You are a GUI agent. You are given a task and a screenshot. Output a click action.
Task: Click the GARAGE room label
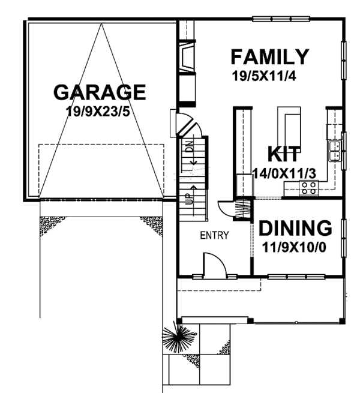click(x=100, y=92)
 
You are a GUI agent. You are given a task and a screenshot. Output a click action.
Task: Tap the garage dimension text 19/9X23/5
click(x=98, y=112)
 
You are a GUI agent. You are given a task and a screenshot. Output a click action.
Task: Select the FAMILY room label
click(x=270, y=57)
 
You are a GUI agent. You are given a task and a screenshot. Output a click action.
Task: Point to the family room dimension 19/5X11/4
click(x=264, y=76)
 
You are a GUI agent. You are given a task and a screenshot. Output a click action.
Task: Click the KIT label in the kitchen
click(x=284, y=154)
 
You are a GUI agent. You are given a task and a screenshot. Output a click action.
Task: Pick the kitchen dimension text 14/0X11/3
click(x=284, y=173)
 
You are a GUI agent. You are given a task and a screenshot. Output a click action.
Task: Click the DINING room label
click(x=295, y=228)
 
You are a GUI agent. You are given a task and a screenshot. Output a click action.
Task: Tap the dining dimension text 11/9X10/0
click(x=294, y=248)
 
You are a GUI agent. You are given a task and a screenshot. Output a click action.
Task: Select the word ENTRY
click(x=214, y=235)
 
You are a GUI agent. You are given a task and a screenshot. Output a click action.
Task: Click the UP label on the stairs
click(x=190, y=199)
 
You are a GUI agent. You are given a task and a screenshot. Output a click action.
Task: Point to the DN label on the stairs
click(x=190, y=146)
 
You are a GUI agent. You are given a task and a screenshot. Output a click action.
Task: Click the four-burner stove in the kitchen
click(x=308, y=188)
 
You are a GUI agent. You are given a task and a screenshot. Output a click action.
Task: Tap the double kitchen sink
click(x=334, y=151)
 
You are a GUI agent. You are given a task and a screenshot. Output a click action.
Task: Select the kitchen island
click(x=289, y=127)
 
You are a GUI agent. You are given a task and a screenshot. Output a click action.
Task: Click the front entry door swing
click(x=215, y=265)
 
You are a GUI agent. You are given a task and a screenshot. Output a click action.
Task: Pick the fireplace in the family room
click(x=187, y=56)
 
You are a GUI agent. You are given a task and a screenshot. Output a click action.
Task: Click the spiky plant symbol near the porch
click(x=178, y=338)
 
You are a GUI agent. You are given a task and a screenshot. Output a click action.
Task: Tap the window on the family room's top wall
click(x=281, y=19)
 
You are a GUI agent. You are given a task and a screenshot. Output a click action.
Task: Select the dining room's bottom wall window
click(x=296, y=277)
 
